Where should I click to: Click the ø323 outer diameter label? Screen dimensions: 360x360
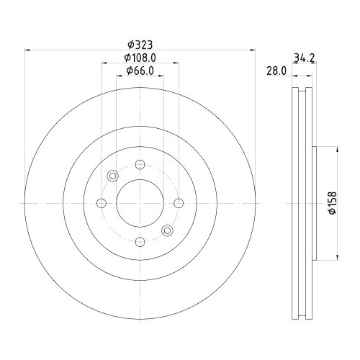[x=140, y=43]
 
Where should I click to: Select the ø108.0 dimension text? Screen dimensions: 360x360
[x=140, y=57]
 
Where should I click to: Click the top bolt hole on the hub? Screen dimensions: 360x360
[x=140, y=164]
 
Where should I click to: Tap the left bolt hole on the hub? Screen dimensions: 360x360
[x=102, y=202]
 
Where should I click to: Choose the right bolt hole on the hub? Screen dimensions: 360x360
[x=178, y=202]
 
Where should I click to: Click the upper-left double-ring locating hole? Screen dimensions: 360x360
[x=112, y=176]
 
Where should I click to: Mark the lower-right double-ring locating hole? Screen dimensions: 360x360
[x=167, y=230]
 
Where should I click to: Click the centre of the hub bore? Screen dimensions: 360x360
[x=140, y=202]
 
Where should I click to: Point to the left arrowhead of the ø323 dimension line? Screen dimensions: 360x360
[x=27, y=50]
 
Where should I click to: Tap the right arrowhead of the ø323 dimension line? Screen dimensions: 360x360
[x=254, y=50]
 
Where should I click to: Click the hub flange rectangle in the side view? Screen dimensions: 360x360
[x=314, y=202]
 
